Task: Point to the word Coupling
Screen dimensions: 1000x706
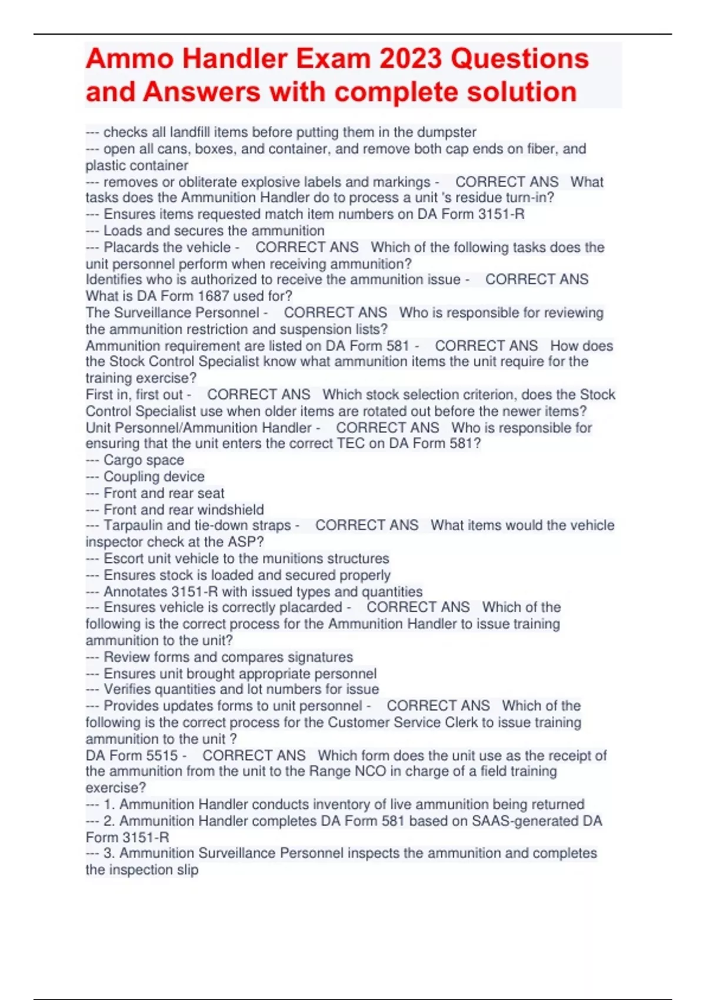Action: click(132, 476)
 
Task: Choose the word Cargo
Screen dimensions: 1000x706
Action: click(121, 460)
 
